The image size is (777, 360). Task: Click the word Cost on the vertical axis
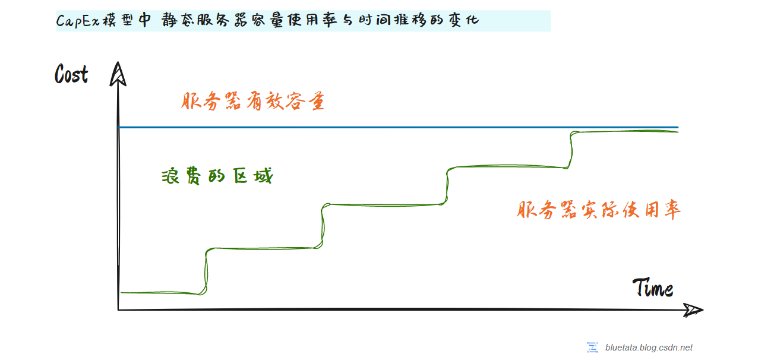(x=71, y=75)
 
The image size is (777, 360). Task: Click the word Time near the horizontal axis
(x=653, y=288)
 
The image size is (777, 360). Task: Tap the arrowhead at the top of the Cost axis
(x=118, y=74)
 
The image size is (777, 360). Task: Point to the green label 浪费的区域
(x=216, y=176)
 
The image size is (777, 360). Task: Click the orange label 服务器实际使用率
(x=598, y=210)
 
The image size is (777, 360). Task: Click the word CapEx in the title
(x=72, y=21)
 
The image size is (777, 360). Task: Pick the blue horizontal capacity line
(x=398, y=127)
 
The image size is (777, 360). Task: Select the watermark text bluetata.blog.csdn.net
(x=649, y=348)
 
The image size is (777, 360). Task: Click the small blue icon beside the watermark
(x=592, y=348)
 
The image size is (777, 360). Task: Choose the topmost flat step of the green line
(x=624, y=131)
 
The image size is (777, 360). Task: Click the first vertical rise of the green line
(x=206, y=270)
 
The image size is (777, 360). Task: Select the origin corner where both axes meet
(x=119, y=310)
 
